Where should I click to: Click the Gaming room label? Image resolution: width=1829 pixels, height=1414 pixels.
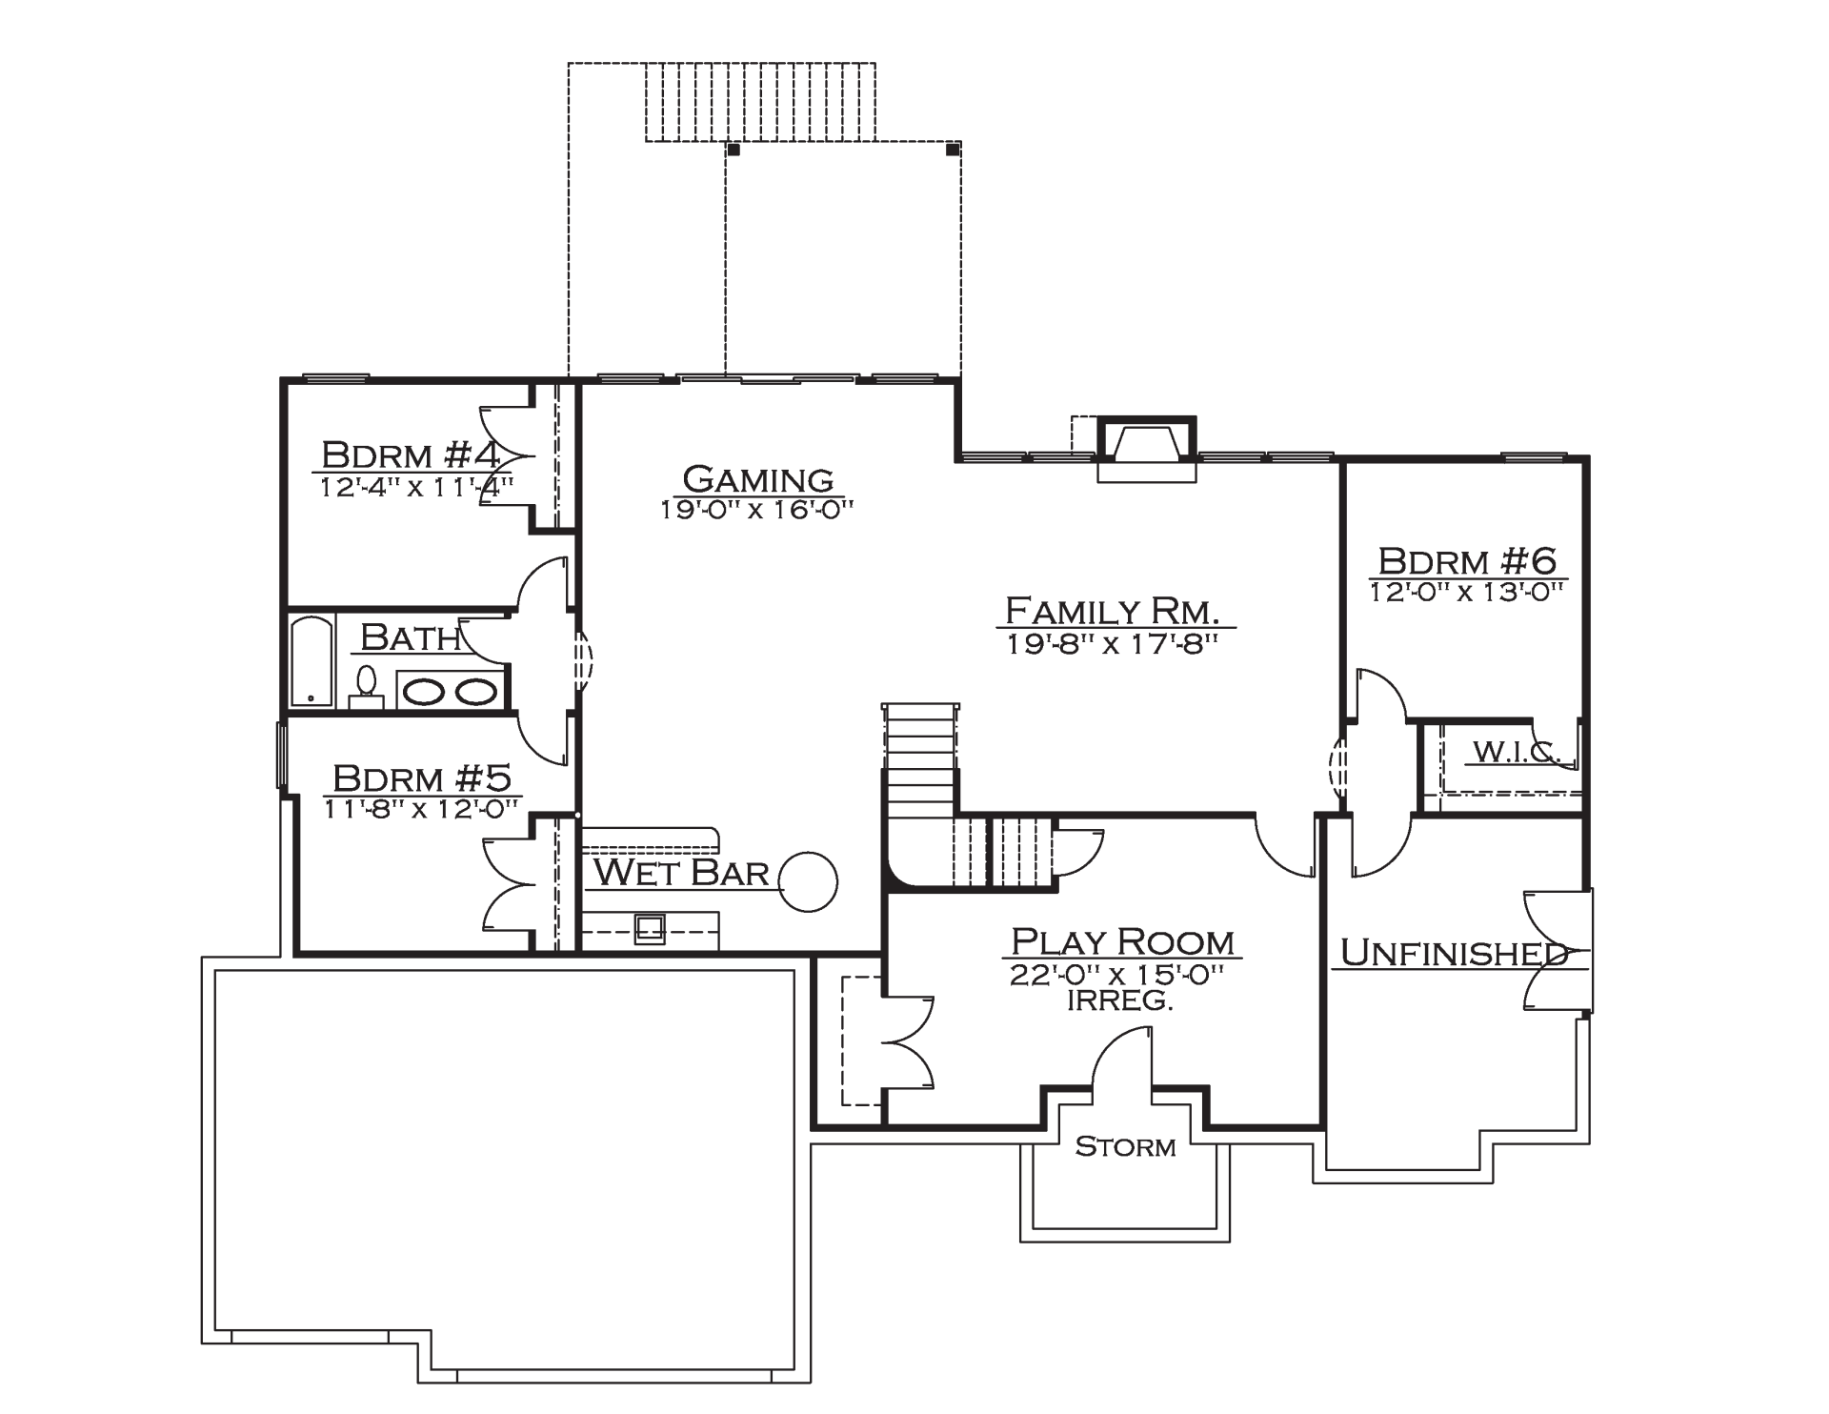click(758, 478)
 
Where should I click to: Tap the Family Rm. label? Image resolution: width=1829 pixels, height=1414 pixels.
click(1114, 610)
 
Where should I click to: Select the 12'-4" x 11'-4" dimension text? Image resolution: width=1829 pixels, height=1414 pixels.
click(416, 488)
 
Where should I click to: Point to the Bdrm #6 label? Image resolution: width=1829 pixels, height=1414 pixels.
click(1468, 560)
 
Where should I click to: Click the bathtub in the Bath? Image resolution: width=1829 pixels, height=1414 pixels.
click(312, 661)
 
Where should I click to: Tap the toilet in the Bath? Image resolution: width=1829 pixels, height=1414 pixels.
click(366, 689)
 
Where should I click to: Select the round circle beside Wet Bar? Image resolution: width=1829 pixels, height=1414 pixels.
click(809, 881)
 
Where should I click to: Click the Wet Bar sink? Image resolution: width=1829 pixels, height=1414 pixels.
click(651, 928)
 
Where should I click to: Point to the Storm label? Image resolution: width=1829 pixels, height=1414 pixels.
click(1125, 1146)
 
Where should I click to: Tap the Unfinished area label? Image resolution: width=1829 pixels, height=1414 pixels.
click(1454, 952)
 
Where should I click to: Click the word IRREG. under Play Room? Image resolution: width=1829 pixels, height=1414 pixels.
click(1118, 1001)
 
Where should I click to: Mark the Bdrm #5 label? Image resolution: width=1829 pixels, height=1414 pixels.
click(422, 778)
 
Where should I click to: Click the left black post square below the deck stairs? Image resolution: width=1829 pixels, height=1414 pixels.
click(734, 150)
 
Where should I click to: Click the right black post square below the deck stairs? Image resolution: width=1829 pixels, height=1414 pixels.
click(952, 150)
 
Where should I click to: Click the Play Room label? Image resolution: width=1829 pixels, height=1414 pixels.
click(1122, 942)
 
